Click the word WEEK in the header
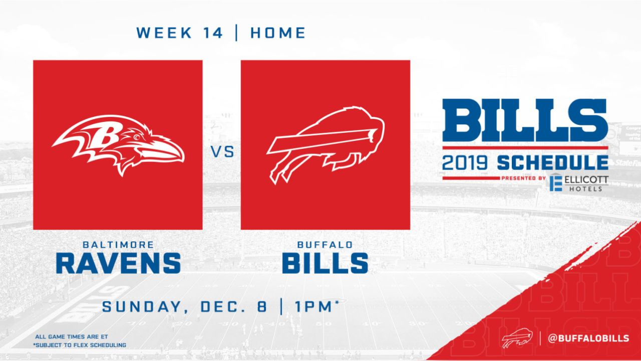click(x=164, y=33)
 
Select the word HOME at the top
click(x=278, y=33)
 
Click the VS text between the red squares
click(x=223, y=152)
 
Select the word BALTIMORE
click(x=118, y=245)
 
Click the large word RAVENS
click(x=118, y=263)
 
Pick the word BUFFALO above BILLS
click(x=325, y=245)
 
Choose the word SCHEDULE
click(x=552, y=163)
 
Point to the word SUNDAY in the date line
click(x=142, y=306)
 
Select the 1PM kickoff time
click(x=313, y=306)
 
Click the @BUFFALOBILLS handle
click(x=588, y=338)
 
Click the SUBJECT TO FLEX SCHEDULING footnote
click(x=80, y=345)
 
